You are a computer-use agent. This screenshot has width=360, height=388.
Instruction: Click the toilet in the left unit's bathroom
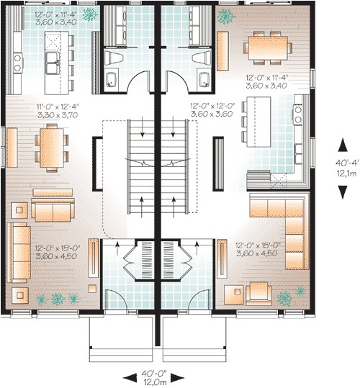tap(114, 58)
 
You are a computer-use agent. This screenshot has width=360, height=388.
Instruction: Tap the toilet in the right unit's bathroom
tap(201, 58)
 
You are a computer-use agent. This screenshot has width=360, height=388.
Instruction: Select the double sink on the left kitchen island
tap(53, 63)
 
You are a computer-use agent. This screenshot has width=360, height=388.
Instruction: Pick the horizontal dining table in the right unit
tap(268, 48)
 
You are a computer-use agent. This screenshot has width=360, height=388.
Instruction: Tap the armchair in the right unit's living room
tap(258, 293)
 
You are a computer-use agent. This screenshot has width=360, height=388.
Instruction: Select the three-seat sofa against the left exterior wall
tap(19, 253)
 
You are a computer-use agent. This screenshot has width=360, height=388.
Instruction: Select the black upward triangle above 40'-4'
tap(343, 145)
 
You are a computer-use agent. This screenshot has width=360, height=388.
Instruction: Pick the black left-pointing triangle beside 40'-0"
tap(130, 378)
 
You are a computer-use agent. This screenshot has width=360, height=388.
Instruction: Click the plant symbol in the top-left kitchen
tap(90, 14)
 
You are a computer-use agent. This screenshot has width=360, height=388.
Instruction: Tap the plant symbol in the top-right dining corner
tap(226, 17)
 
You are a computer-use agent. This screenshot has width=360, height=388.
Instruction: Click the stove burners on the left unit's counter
tap(17, 63)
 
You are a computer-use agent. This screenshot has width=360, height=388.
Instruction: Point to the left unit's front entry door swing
tap(116, 299)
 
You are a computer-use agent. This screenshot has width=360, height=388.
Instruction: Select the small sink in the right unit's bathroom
tap(204, 79)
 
